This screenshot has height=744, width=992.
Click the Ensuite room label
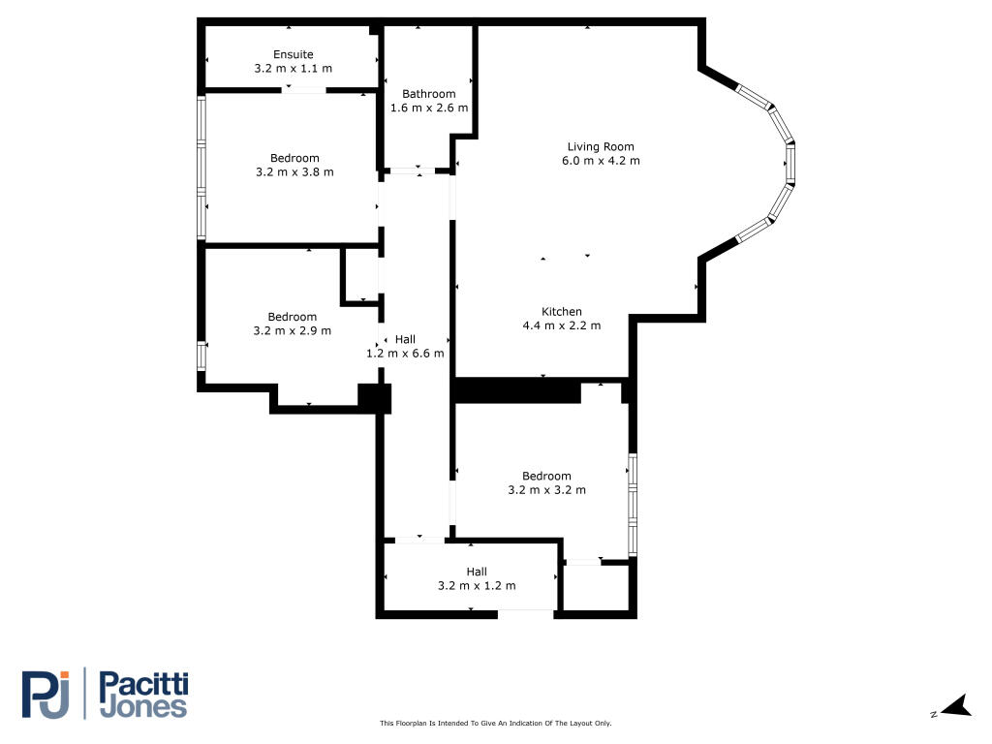pos(293,54)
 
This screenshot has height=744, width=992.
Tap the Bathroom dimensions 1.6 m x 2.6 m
pos(429,108)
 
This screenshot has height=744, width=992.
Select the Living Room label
pos(601,147)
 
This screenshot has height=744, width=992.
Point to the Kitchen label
pos(562,311)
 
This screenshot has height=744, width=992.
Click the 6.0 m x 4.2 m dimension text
pos(601,161)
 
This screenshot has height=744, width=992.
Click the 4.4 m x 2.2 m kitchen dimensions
pos(562,325)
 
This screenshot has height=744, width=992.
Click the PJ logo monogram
pos(46,695)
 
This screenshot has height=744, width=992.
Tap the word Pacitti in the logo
pos(143,685)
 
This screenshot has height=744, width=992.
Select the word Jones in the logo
pos(143,708)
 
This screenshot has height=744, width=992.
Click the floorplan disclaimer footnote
pos(495,723)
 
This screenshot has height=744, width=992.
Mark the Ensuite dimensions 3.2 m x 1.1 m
pos(293,69)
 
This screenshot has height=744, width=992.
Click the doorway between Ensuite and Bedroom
pos(303,90)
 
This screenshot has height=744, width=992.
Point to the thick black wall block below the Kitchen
pos(517,390)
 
